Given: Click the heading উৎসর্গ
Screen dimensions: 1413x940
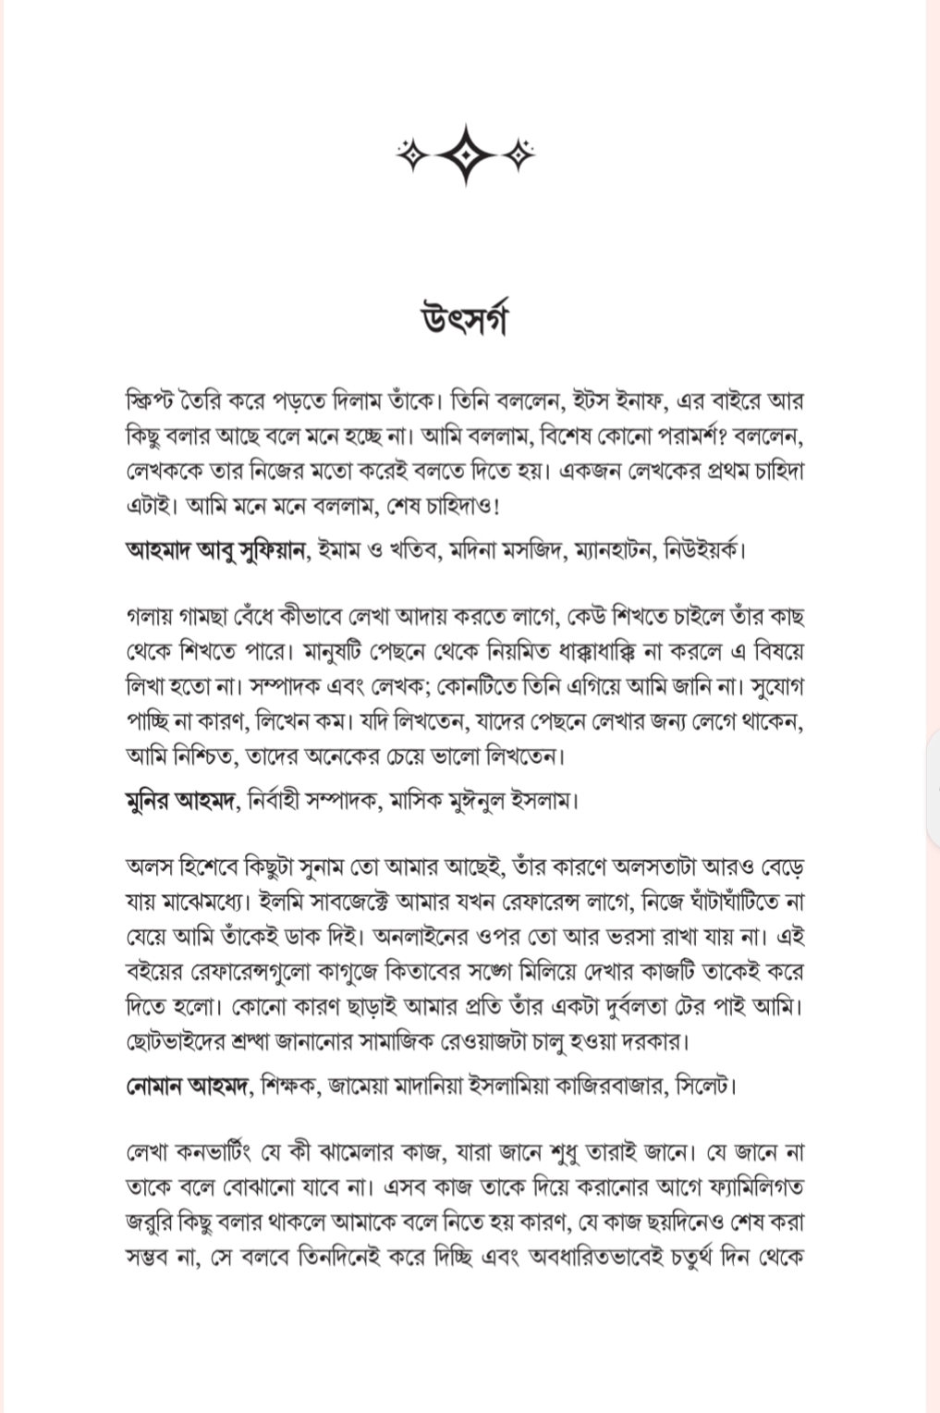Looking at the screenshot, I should click(468, 320).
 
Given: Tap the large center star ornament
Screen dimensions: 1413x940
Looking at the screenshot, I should click(468, 154).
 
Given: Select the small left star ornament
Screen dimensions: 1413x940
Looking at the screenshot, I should click(410, 154).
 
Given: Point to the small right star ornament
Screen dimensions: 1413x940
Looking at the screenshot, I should click(522, 154).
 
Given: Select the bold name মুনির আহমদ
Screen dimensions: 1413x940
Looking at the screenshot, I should click(181, 800).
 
